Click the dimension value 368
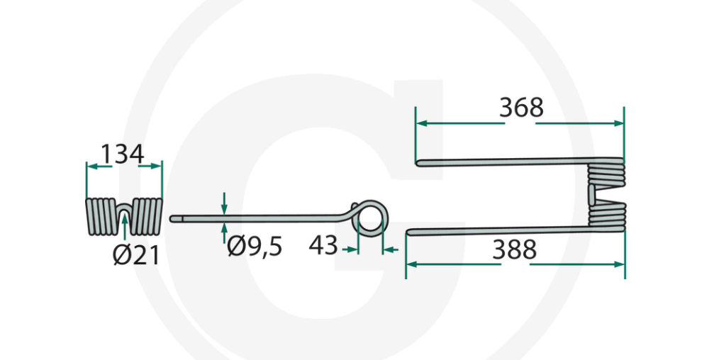point(521,108)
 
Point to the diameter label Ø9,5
point(255,247)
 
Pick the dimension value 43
point(323,247)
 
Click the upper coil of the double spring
point(606,174)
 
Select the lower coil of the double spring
point(606,215)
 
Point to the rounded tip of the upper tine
point(419,163)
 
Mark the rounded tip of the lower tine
point(409,232)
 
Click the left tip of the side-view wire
point(172,220)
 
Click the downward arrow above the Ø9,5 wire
point(224,206)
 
